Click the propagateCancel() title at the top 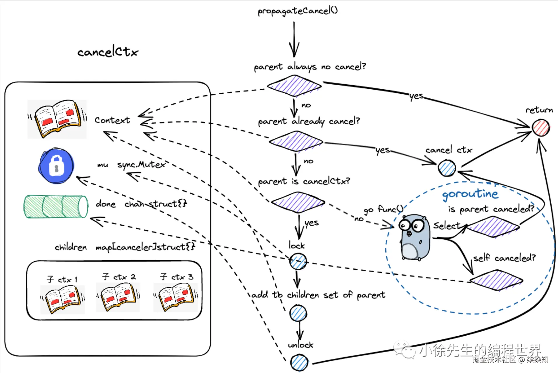point(298,11)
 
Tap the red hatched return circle point(540,128)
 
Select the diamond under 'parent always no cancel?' point(294,86)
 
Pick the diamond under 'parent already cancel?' point(296,141)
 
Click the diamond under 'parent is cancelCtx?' point(298,202)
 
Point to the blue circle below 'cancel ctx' point(447,168)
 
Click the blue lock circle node point(298,261)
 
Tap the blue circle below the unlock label point(299,363)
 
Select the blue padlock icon point(56,165)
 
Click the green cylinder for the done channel point(56,207)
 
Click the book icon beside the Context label point(57,119)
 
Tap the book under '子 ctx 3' point(176,298)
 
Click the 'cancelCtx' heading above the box point(108,52)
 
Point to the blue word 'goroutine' point(470,194)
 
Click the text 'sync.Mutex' point(141,165)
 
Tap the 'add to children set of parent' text point(318,295)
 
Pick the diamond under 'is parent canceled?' point(493,226)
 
